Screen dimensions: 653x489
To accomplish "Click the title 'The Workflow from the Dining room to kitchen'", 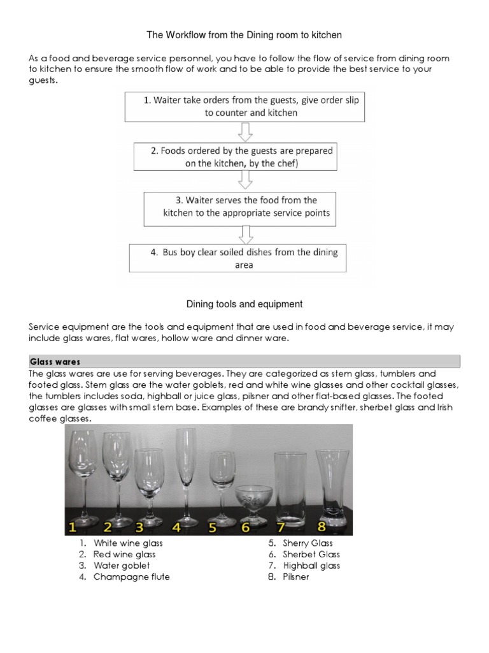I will (x=244, y=34).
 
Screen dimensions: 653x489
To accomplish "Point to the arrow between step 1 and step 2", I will (x=244, y=132).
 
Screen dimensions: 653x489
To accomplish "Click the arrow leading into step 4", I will (x=244, y=233).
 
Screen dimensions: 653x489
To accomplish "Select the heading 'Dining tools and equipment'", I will (x=244, y=304).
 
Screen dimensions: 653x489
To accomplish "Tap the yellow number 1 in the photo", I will (x=73, y=527).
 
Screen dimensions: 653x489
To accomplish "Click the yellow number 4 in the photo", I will (x=177, y=527).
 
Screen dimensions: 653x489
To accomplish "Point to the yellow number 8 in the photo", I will (x=322, y=526).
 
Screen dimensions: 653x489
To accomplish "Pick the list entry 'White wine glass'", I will (x=128, y=543).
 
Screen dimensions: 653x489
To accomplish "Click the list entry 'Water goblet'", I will (x=122, y=566).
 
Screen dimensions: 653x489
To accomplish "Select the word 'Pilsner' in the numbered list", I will (x=295, y=577).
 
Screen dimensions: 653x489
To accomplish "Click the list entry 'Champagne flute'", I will (x=131, y=577).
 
